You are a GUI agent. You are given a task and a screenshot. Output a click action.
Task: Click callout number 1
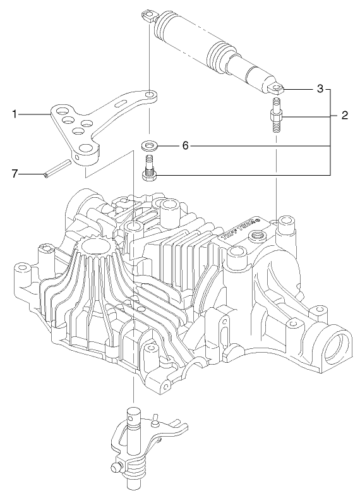click(14, 114)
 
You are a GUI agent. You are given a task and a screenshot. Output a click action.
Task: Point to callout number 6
click(185, 146)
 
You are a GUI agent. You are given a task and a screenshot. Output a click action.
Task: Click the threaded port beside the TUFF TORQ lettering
click(257, 238)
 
